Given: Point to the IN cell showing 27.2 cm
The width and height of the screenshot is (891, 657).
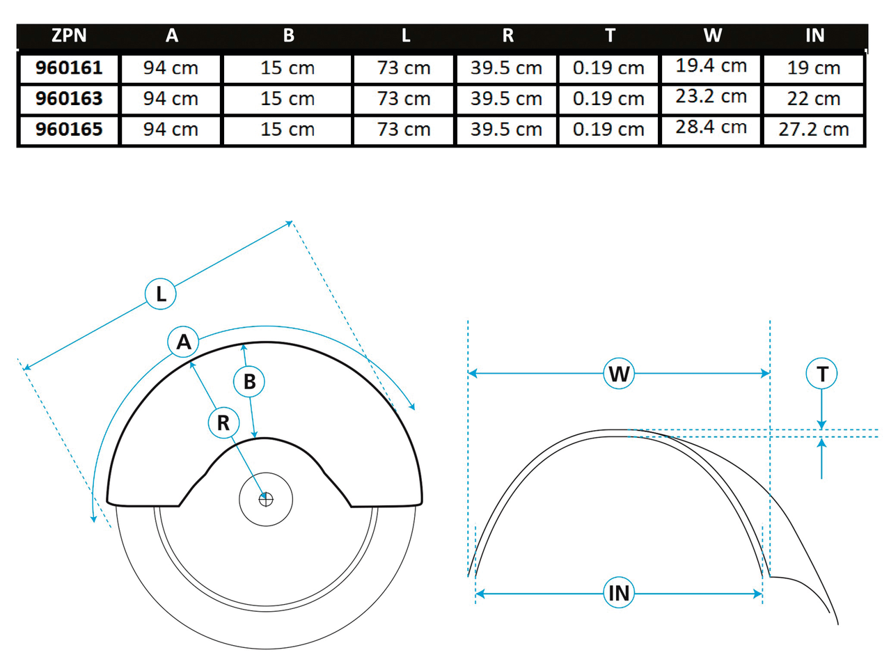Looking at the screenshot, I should pos(814,129).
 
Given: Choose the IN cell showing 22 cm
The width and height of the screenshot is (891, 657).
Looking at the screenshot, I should pos(814,99).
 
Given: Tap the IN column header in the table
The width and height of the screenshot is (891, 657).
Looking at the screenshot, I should pos(814,36).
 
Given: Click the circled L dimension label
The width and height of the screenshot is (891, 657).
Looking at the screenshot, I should pos(161,294).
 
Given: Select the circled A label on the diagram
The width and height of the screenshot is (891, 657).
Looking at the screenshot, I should pos(184,342).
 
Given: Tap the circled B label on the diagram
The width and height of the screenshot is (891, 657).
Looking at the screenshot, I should pos(249,381).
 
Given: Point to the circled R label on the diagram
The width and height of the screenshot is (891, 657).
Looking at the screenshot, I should pos(224,423).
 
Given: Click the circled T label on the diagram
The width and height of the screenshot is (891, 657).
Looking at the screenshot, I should pos(822,374).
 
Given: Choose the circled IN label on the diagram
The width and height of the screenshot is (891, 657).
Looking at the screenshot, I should pos(619,594).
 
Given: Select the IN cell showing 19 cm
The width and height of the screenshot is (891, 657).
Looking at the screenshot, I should pos(814,68).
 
